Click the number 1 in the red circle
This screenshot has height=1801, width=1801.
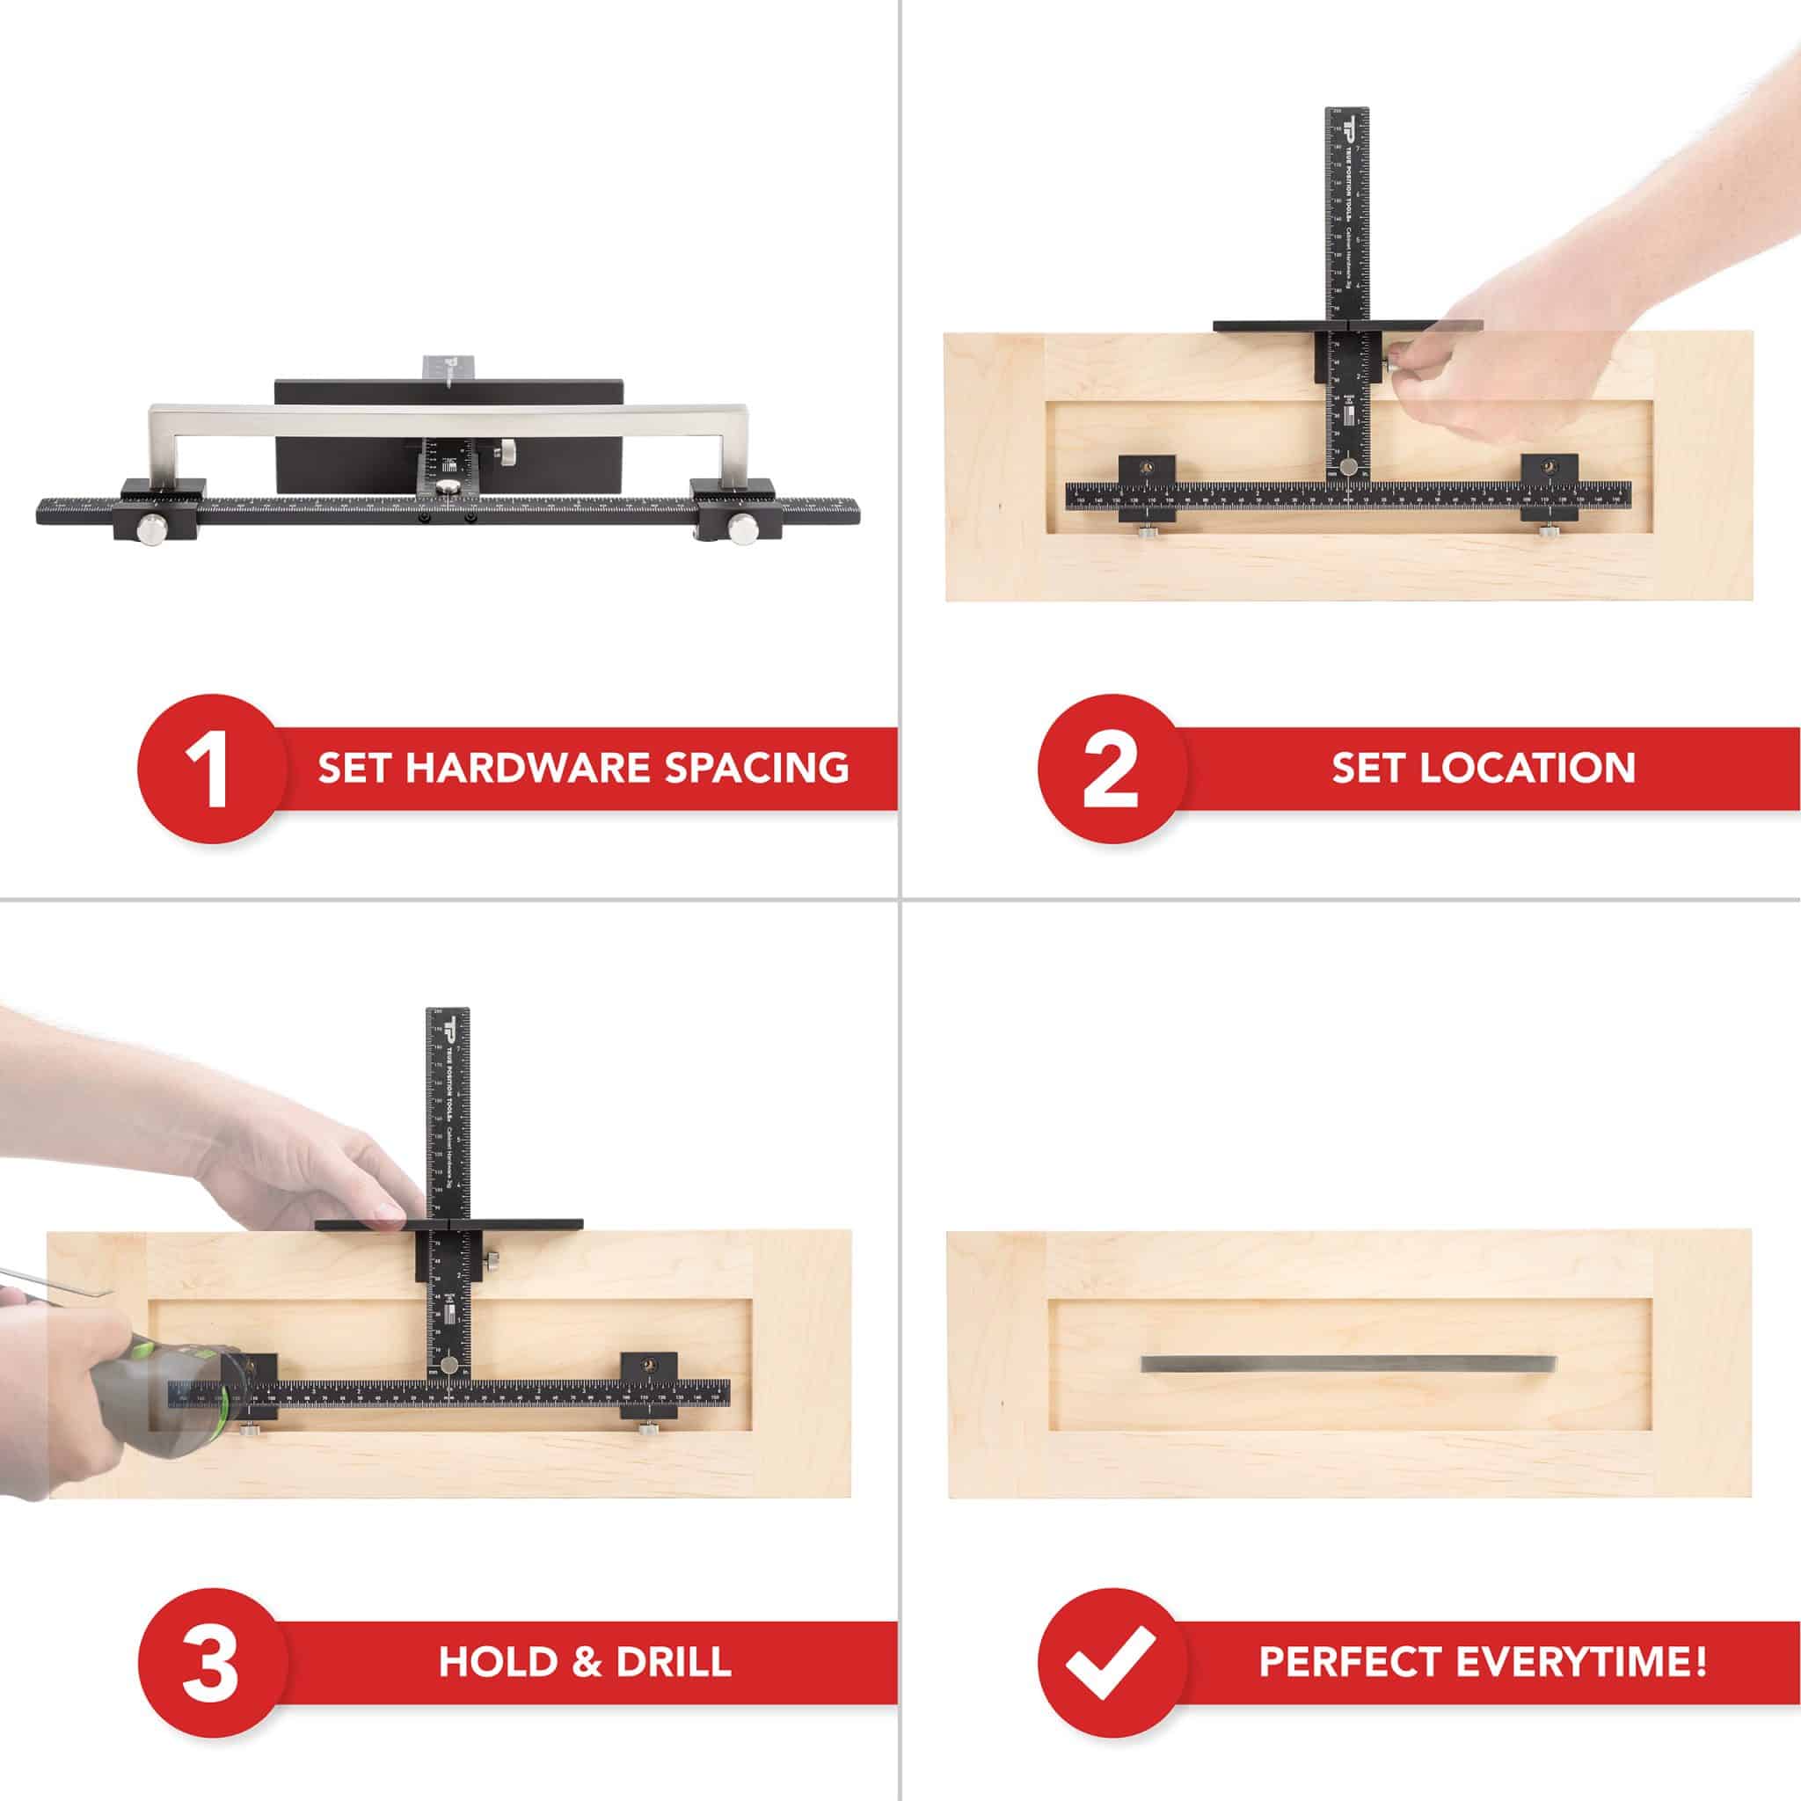tap(208, 770)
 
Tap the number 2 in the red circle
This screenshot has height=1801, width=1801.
tap(1111, 770)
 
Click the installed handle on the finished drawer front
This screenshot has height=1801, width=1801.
tap(1349, 1364)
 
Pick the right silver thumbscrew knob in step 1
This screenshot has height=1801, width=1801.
tap(743, 529)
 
